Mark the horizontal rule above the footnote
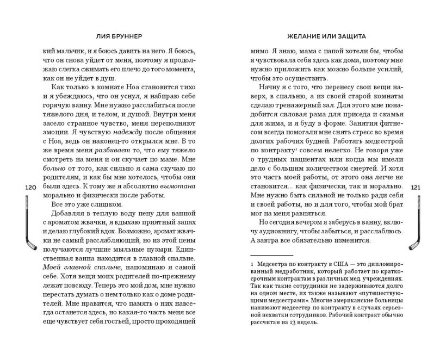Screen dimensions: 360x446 tap(271, 254)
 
